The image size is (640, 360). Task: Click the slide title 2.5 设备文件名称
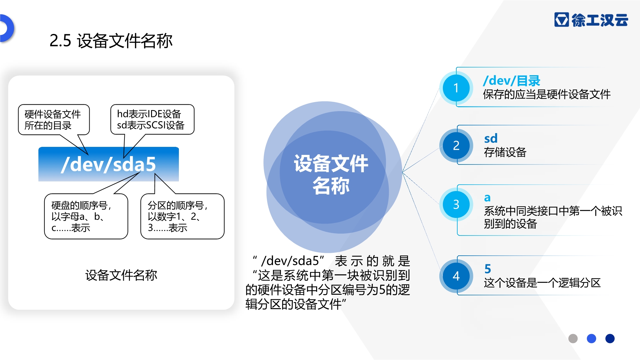pyautogui.click(x=111, y=41)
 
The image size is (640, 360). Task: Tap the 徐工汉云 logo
pyautogui.click(x=591, y=20)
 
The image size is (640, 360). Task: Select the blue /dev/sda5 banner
pyautogui.click(x=108, y=164)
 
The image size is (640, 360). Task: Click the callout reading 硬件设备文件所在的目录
pyautogui.click(x=54, y=120)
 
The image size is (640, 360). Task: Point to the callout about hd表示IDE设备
pyautogui.click(x=152, y=119)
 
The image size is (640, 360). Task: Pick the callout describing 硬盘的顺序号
pyautogui.click(x=86, y=216)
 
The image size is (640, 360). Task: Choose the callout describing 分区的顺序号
pyautogui.click(x=182, y=216)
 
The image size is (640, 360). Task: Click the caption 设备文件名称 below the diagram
pyautogui.click(x=121, y=275)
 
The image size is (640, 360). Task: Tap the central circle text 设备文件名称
pyautogui.click(x=331, y=174)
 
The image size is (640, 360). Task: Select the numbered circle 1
pyautogui.click(x=456, y=88)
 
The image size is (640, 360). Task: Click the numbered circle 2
pyautogui.click(x=456, y=146)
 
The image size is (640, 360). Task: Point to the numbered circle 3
pyautogui.click(x=456, y=204)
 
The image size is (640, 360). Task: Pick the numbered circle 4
pyautogui.click(x=456, y=276)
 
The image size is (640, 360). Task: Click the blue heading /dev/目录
pyautogui.click(x=512, y=81)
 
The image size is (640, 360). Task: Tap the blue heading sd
pyautogui.click(x=491, y=139)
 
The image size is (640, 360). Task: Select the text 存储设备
pyautogui.click(x=505, y=152)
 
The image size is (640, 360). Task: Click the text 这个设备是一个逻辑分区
pyautogui.click(x=542, y=283)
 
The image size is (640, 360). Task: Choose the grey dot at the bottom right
pyautogui.click(x=573, y=338)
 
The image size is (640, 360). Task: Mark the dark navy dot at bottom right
pyautogui.click(x=610, y=338)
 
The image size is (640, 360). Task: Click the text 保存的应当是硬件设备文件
pyautogui.click(x=547, y=94)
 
